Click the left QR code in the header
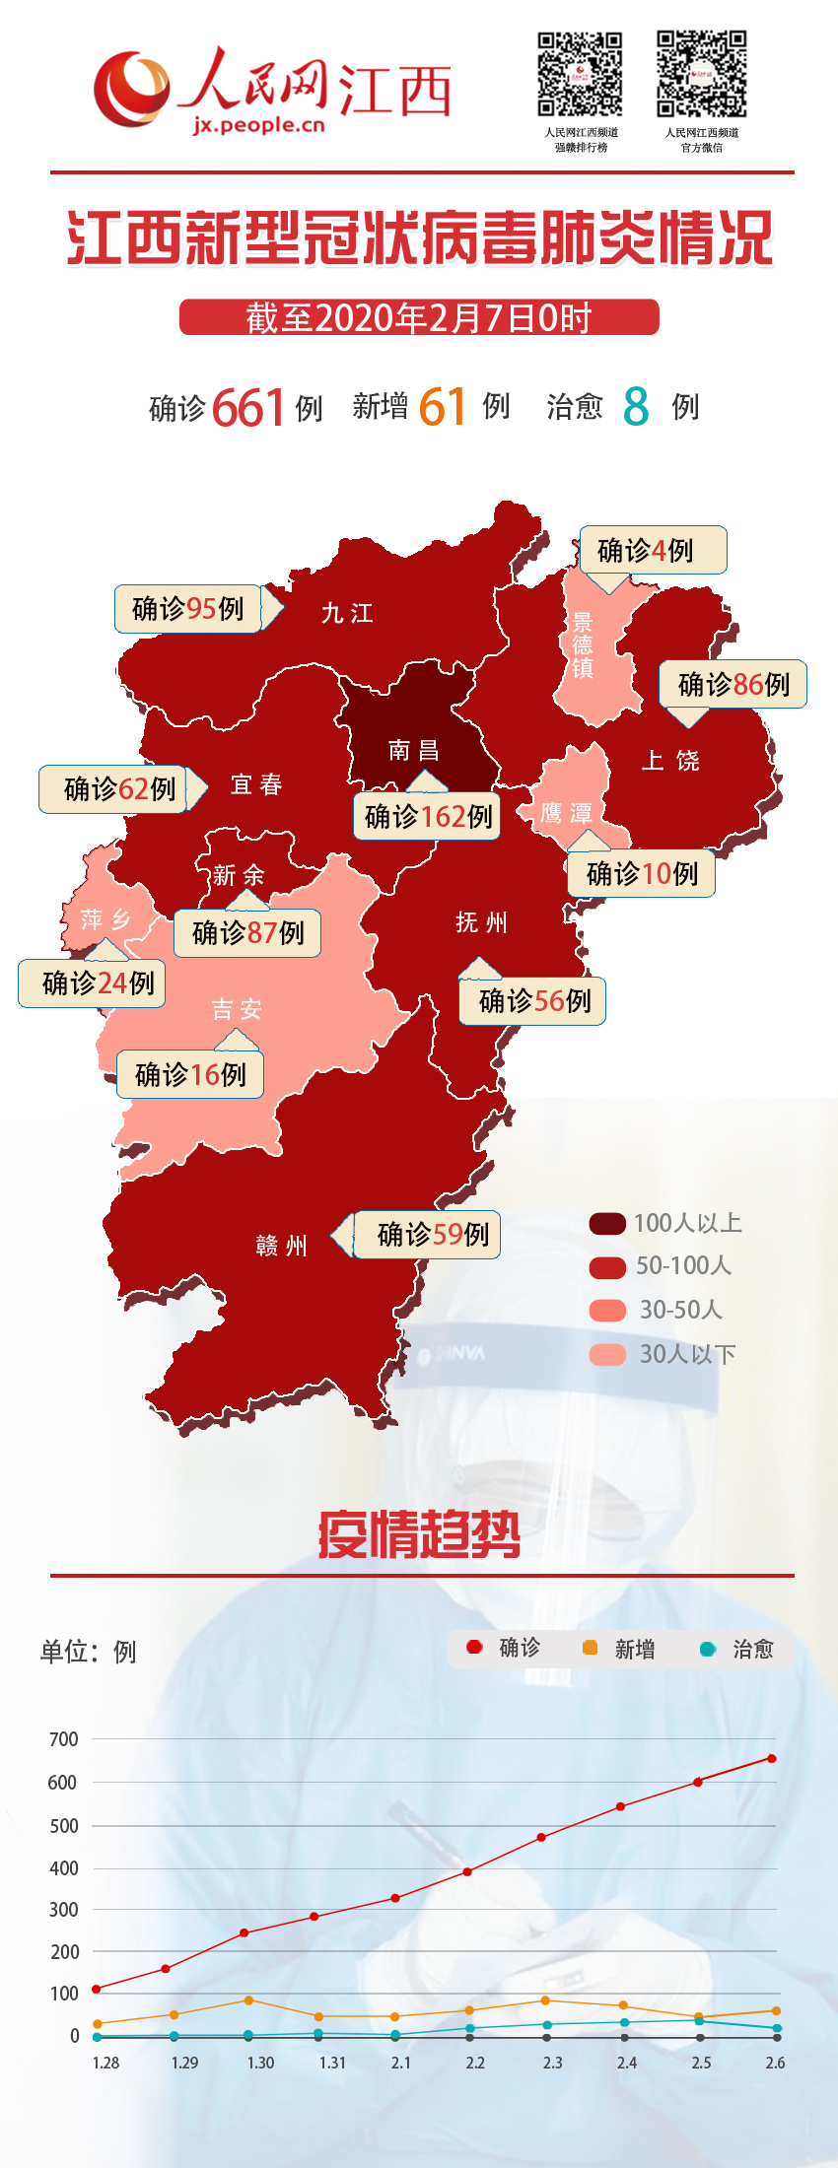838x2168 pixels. (x=580, y=74)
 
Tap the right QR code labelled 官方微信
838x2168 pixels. (x=702, y=74)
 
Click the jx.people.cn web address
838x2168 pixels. (x=259, y=125)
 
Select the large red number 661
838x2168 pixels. (x=247, y=407)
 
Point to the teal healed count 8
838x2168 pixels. (x=636, y=406)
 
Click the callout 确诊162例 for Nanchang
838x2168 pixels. (x=427, y=816)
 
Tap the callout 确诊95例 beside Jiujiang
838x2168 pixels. (x=188, y=608)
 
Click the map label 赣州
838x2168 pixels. (x=282, y=1246)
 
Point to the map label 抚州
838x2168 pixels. (x=481, y=922)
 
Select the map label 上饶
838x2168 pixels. (x=670, y=760)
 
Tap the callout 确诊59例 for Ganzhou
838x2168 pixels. (x=428, y=1234)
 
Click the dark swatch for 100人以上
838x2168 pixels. (x=607, y=1223)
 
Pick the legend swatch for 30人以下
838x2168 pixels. (x=607, y=1354)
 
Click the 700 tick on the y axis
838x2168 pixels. (x=64, y=1739)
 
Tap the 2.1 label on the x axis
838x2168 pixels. (x=400, y=2063)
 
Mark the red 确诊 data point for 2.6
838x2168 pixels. (x=772, y=1758)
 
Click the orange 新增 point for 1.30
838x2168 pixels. (x=248, y=2000)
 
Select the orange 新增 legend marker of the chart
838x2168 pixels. (x=591, y=1648)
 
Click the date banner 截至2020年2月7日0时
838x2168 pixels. (x=419, y=317)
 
